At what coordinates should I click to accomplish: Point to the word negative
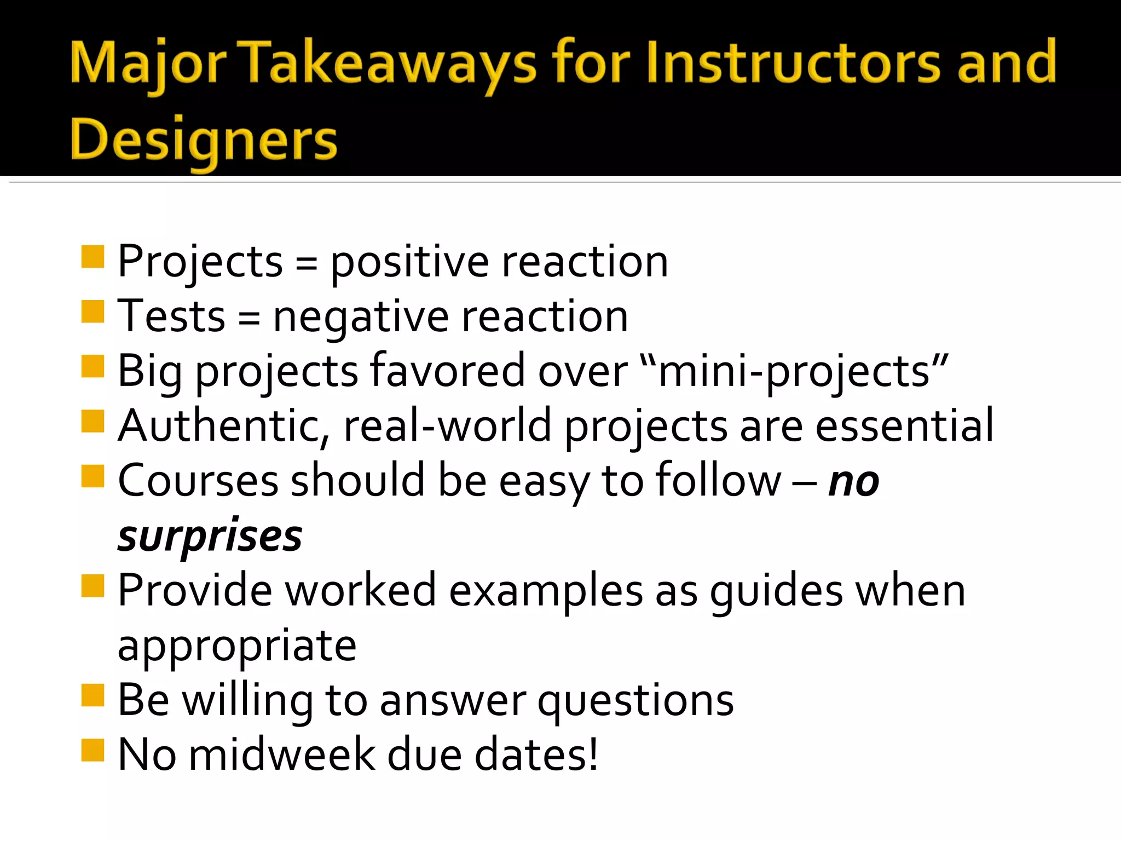361,318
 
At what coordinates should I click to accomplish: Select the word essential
904,426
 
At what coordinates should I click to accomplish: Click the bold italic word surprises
210,537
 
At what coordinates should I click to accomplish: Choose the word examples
546,591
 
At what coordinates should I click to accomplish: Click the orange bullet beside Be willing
93,695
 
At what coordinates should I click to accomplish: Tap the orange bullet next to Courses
93,476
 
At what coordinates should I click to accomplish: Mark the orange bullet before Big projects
93,366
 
